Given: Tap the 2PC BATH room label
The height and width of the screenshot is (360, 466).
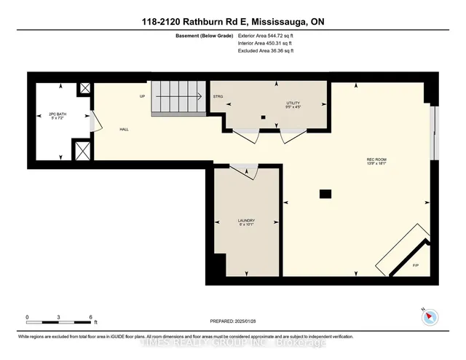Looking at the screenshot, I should [x=57, y=116].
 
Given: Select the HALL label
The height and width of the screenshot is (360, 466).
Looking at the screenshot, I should [x=125, y=129].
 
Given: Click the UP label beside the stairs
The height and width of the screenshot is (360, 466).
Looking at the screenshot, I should [x=143, y=96].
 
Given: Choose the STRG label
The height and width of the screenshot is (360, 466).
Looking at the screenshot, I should [x=217, y=96].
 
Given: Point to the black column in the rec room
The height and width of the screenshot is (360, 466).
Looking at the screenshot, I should [x=325, y=193].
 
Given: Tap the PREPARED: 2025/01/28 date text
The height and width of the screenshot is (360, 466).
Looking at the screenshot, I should [x=233, y=320].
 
